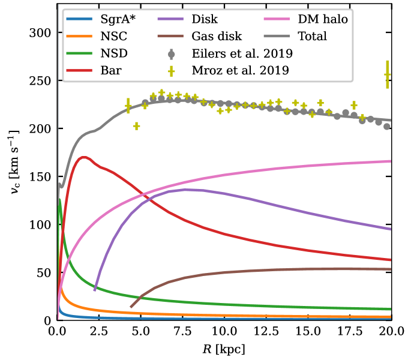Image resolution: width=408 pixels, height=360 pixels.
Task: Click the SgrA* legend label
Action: point(118,19)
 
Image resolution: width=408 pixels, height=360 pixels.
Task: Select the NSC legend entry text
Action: point(114,37)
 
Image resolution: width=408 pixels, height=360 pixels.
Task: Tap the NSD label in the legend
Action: point(114,53)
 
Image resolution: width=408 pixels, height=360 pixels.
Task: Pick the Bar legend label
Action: point(111,70)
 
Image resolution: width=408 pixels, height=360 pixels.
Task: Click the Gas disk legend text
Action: point(217,37)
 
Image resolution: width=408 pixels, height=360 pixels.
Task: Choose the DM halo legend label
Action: point(323,19)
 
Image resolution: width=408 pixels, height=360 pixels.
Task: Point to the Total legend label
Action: point(312,37)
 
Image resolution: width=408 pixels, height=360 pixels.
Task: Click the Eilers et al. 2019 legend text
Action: point(242,53)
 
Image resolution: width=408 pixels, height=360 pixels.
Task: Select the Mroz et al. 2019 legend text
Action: point(241,70)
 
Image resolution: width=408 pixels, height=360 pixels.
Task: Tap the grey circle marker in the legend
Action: point(171,55)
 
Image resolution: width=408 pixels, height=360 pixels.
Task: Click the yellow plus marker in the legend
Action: point(171,71)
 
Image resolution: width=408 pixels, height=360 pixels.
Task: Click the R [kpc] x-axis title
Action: point(224,349)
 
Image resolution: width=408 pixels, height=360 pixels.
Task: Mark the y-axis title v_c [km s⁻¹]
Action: point(14,162)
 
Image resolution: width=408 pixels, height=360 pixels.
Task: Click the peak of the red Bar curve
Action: point(83,157)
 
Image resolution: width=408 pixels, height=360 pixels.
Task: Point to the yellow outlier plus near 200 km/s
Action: point(137,127)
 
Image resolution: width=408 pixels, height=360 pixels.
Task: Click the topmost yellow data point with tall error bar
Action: point(388,74)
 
